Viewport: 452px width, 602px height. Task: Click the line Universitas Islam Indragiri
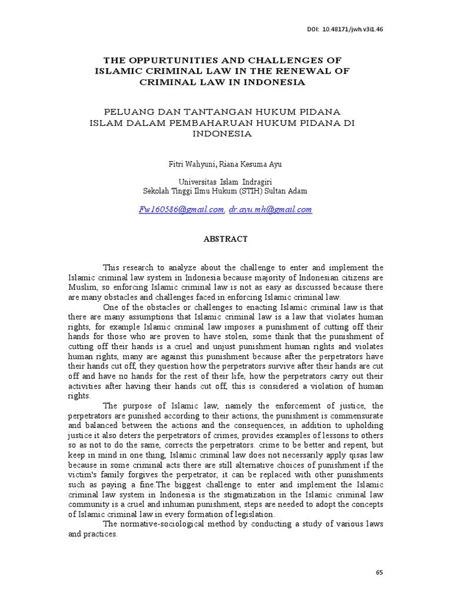pos(225,182)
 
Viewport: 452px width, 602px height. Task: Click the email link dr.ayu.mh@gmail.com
pos(271,209)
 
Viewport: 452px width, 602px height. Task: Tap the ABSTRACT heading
pos(225,239)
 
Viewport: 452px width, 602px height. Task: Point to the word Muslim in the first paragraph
pos(80,287)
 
